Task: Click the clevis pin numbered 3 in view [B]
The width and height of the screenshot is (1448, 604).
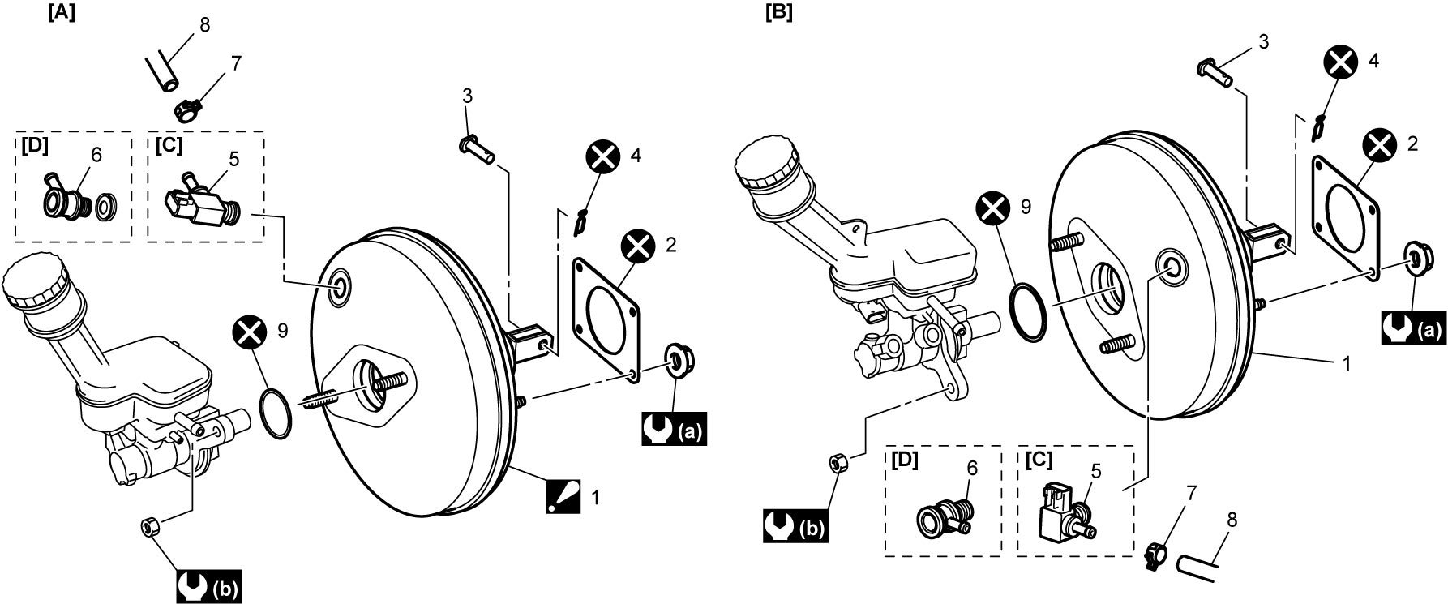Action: point(1215,73)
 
